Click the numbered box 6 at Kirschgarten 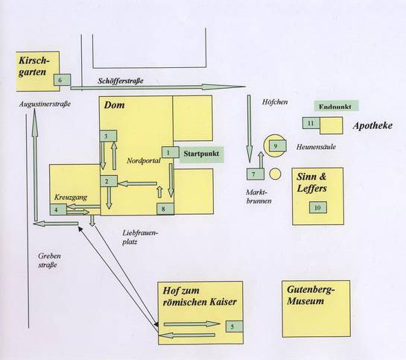pos(62,80)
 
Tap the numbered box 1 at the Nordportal pos(171,152)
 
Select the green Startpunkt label pos(201,154)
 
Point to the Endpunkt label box pos(337,106)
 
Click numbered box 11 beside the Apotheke pos(311,123)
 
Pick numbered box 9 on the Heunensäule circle pos(278,146)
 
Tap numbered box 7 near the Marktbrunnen pos(256,174)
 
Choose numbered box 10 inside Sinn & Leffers pos(318,207)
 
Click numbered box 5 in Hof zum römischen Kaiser pos(235,326)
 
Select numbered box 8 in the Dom pos(165,209)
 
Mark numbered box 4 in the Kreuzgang pos(58,209)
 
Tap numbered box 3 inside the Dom pos(108,136)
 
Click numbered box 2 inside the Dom pos(109,181)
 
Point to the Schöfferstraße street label pos(121,80)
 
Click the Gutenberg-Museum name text pos(310,295)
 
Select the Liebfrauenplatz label pos(140,237)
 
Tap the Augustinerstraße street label pos(45,104)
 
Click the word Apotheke pos(372,126)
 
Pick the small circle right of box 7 pos(275,174)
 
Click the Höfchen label pos(275,102)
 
